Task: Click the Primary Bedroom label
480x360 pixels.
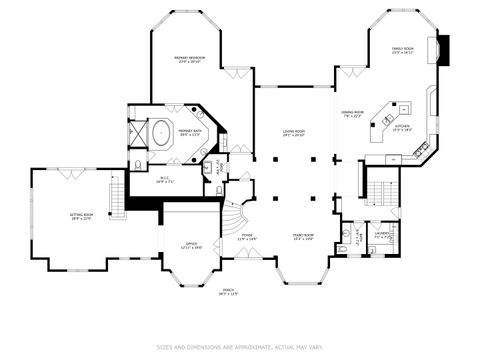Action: pos(190,59)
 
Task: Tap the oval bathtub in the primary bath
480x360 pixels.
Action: pos(161,131)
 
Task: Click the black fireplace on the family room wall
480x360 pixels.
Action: pos(443,49)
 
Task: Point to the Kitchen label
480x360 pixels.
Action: pos(403,128)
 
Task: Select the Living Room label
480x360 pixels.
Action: pos(293,132)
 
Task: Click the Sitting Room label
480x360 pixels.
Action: pos(82,216)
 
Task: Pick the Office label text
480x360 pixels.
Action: pos(191,245)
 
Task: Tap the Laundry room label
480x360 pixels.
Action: pos(382,236)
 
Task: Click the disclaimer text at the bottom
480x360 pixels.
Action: pos(239,348)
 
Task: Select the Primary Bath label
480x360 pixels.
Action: pos(190,131)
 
